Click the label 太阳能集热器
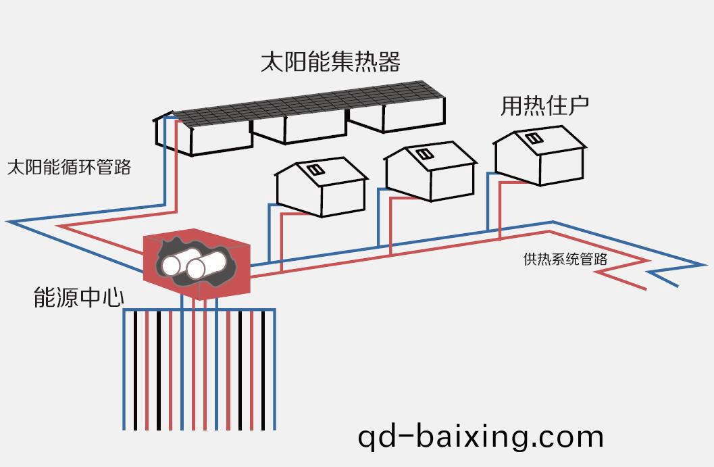pyautogui.click(x=330, y=62)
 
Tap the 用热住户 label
pyautogui.click(x=544, y=105)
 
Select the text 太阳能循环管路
pyautogui.click(x=69, y=167)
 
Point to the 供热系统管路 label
pyautogui.click(x=565, y=259)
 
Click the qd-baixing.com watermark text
pyautogui.click(x=480, y=437)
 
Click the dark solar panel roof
pyautogui.click(x=304, y=105)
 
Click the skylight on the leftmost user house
pyautogui.click(x=315, y=170)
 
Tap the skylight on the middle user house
pyautogui.click(x=424, y=154)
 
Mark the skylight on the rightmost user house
pyautogui.click(x=533, y=139)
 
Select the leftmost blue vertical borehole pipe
pyautogui.click(x=124, y=372)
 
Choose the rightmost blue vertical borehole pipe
pyautogui.click(x=275, y=372)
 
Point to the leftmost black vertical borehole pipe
pyautogui.click(x=135, y=372)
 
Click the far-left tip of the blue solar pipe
pyautogui.click(x=8, y=221)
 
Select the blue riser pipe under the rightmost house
pyautogui.click(x=488, y=203)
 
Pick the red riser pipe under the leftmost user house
pyautogui.click(x=281, y=240)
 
